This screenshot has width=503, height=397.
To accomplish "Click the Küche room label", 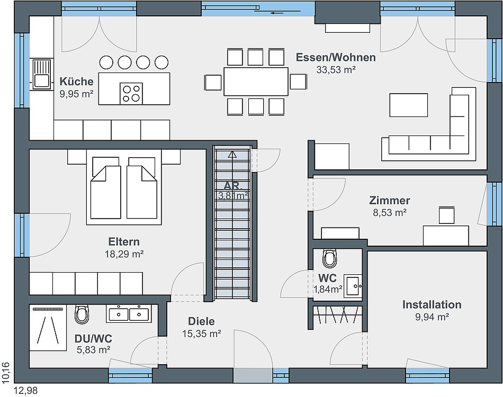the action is click(76, 82).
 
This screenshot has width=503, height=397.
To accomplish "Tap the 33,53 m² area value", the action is click(336, 69).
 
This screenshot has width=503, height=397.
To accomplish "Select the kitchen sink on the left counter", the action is click(41, 74).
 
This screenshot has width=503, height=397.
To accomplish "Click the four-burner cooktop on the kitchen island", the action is click(131, 93).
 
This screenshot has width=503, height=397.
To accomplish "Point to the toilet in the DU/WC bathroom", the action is click(81, 314).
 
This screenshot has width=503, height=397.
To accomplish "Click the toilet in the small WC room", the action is click(330, 258).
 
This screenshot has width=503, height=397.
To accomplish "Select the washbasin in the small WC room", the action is click(353, 286).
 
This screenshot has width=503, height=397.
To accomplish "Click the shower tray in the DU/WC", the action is click(48, 328).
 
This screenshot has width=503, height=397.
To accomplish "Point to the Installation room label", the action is click(432, 304).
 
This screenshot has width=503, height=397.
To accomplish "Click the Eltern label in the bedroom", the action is click(124, 241).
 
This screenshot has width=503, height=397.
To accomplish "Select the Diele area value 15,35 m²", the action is click(201, 333).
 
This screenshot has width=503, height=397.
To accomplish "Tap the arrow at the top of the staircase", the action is click(232, 155).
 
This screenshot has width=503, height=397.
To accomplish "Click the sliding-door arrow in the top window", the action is click(277, 13).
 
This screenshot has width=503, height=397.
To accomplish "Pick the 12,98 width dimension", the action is click(25, 391).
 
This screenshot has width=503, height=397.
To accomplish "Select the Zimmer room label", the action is click(390, 201).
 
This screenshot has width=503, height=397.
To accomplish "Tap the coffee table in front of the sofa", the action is click(408, 105).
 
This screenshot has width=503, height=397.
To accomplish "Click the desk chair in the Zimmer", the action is click(446, 215).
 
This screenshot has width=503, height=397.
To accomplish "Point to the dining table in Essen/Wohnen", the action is click(256, 81).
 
